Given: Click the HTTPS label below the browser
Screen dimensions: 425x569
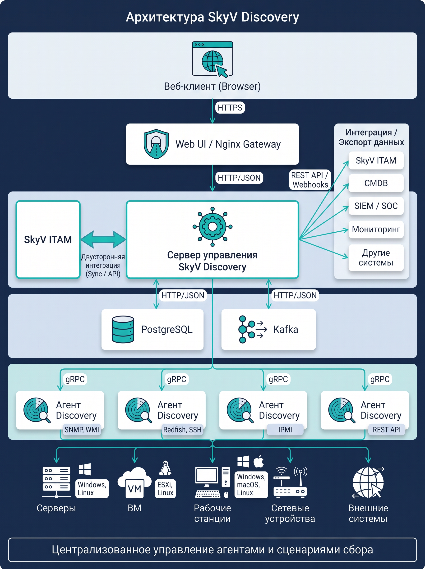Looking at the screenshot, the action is tap(230, 107).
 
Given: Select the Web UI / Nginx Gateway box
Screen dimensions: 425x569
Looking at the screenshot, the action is tap(212, 144).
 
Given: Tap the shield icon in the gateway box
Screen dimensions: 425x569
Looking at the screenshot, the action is tap(156, 144).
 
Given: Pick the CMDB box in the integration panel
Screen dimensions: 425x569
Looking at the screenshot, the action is tap(376, 183).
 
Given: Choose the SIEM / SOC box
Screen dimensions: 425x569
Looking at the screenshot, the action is tap(376, 206).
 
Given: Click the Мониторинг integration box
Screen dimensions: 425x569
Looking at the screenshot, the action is tap(376, 229).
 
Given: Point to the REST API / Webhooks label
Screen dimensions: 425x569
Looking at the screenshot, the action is tap(310, 180).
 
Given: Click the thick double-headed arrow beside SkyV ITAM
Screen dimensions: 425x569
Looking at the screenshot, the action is tap(103, 239).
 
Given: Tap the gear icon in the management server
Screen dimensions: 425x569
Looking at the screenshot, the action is tap(212, 226).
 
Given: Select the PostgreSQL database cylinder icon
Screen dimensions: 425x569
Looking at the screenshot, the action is tap(123, 329).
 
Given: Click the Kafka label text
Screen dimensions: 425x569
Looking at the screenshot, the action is tap(286, 329).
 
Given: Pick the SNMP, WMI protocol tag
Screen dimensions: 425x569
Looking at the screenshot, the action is tap(82, 430).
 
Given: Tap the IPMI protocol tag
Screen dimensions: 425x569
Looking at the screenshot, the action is tap(285, 430).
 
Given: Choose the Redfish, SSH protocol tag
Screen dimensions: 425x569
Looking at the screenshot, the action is tap(182, 430).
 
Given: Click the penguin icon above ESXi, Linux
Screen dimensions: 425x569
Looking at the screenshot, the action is tap(165, 468).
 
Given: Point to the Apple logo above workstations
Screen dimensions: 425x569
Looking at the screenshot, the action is tap(259, 461).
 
